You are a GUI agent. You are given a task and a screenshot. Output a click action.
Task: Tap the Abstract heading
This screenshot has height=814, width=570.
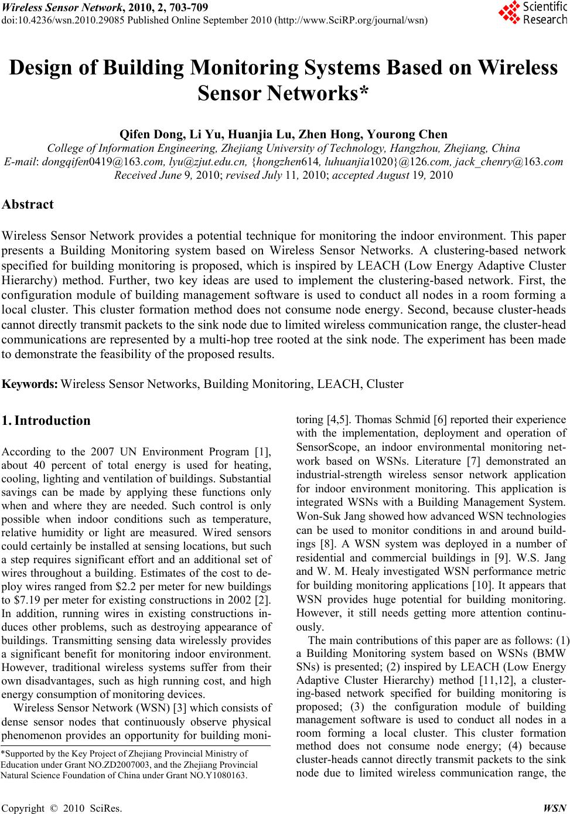pyautogui.click(x=28, y=205)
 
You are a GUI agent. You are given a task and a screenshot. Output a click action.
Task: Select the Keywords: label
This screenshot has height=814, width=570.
pyautogui.click(x=30, y=384)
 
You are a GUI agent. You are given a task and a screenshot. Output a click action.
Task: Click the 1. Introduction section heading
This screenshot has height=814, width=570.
pyautogui.click(x=46, y=420)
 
